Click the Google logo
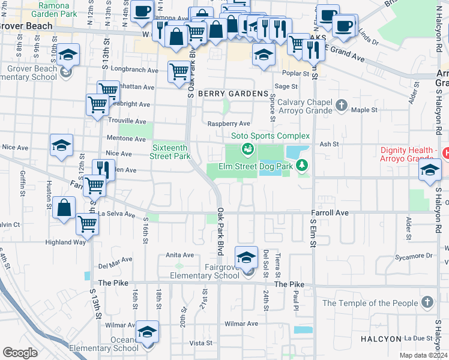pos(19,353)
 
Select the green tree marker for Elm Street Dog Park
pos(303,164)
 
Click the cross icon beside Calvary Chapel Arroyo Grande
pos(342,106)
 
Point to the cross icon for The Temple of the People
pos(427,302)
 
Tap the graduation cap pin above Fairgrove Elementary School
pos(246,257)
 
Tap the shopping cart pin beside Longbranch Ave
pos(179,73)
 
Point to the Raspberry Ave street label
pos(228,124)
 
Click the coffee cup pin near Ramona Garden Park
pos(142,11)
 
